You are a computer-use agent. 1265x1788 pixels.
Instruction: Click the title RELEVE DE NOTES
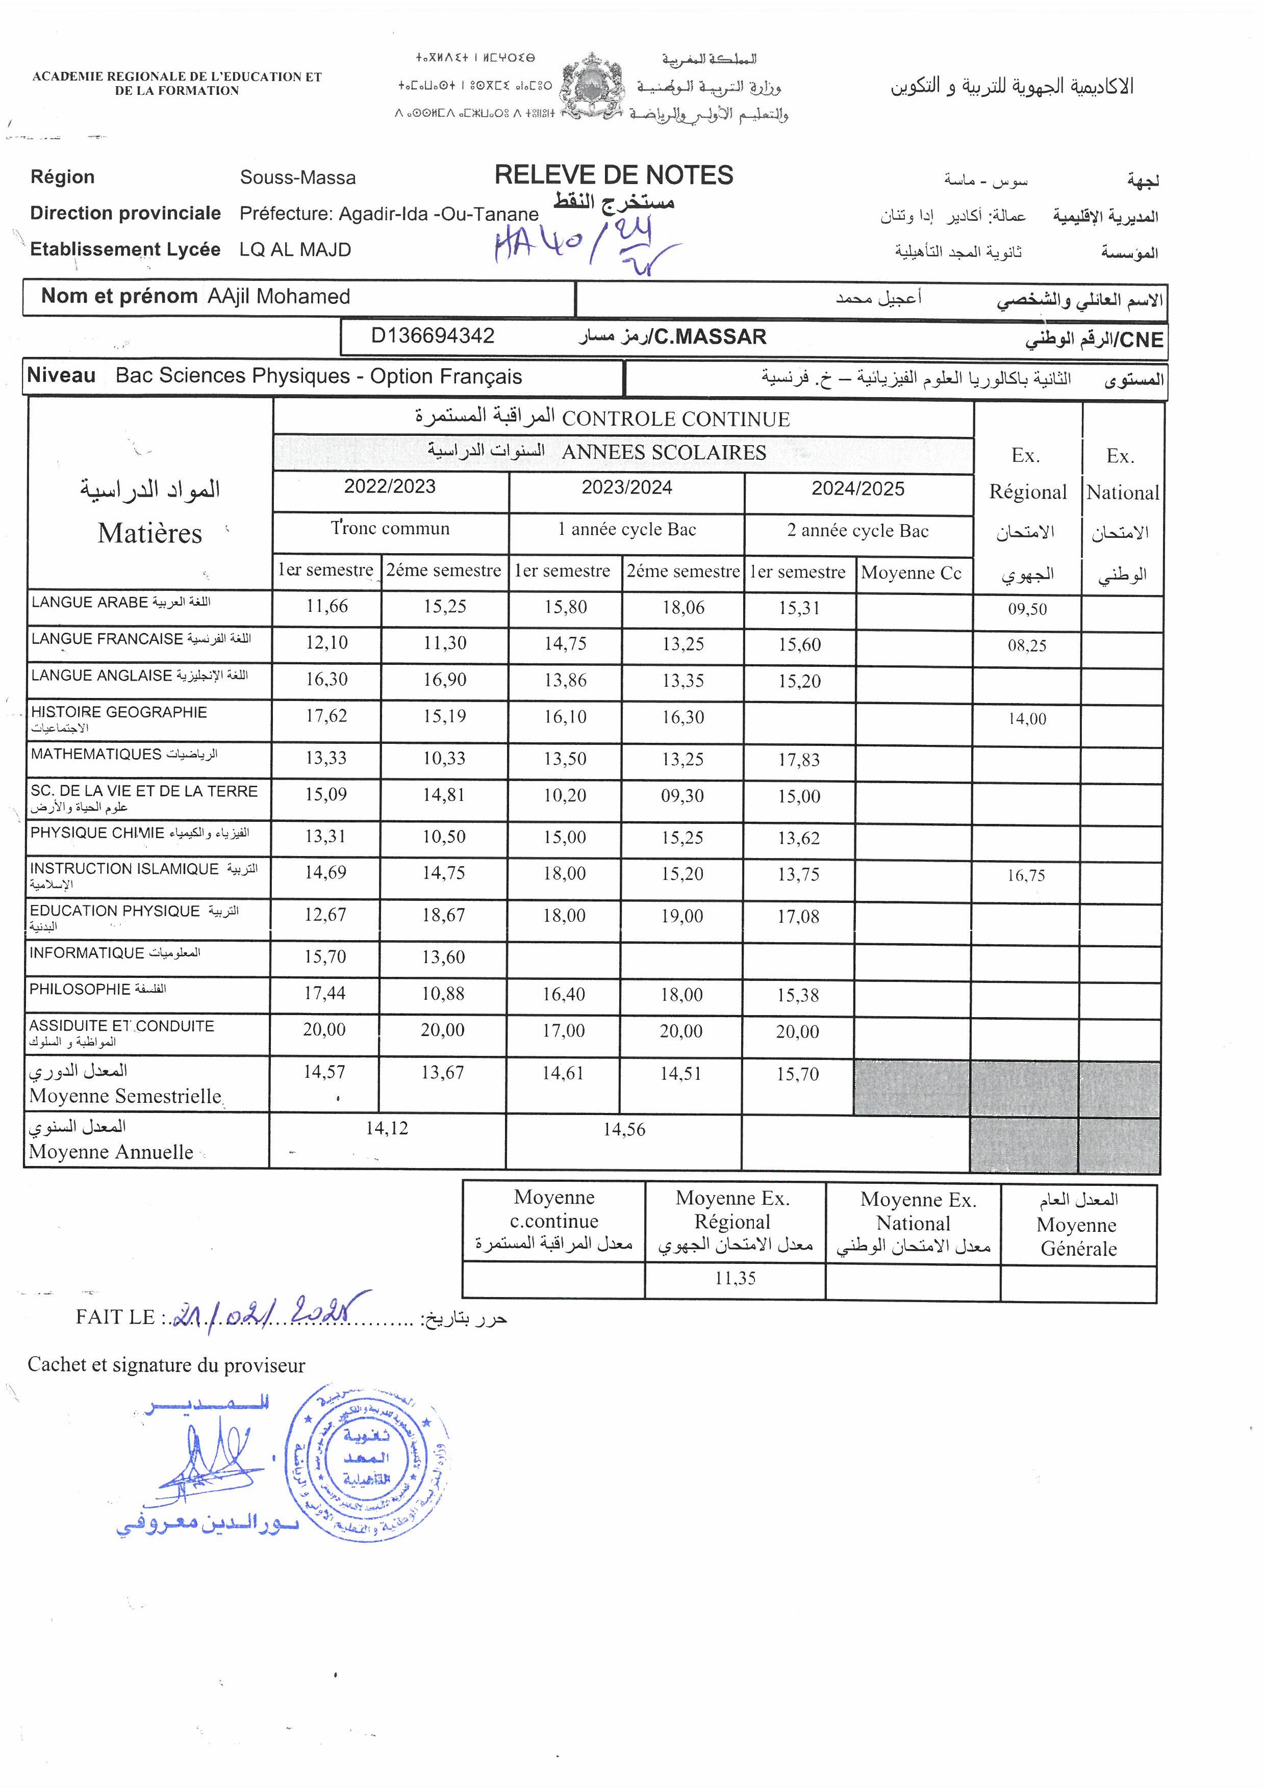click(x=614, y=175)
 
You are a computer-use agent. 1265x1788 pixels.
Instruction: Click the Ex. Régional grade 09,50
click(x=1027, y=609)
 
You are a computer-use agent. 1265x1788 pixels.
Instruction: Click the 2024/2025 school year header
click(x=857, y=489)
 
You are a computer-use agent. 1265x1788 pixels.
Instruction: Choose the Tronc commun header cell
click(x=390, y=529)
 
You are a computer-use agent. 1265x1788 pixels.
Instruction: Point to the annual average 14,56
click(x=624, y=1129)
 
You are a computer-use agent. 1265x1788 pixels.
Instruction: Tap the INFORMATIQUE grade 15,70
click(x=325, y=956)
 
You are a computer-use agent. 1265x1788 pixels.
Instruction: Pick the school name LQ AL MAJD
click(x=295, y=250)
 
